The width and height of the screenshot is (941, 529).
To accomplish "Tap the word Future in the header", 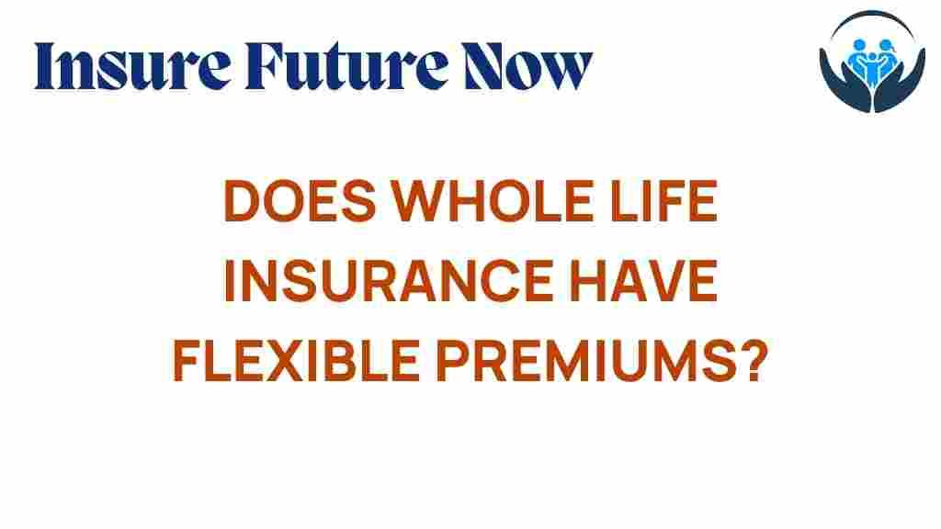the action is click(x=346, y=66).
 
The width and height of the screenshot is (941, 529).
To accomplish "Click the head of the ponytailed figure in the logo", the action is click(x=886, y=46).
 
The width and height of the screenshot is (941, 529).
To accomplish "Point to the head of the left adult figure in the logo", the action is click(x=859, y=46).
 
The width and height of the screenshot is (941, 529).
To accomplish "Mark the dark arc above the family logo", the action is click(x=873, y=15).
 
